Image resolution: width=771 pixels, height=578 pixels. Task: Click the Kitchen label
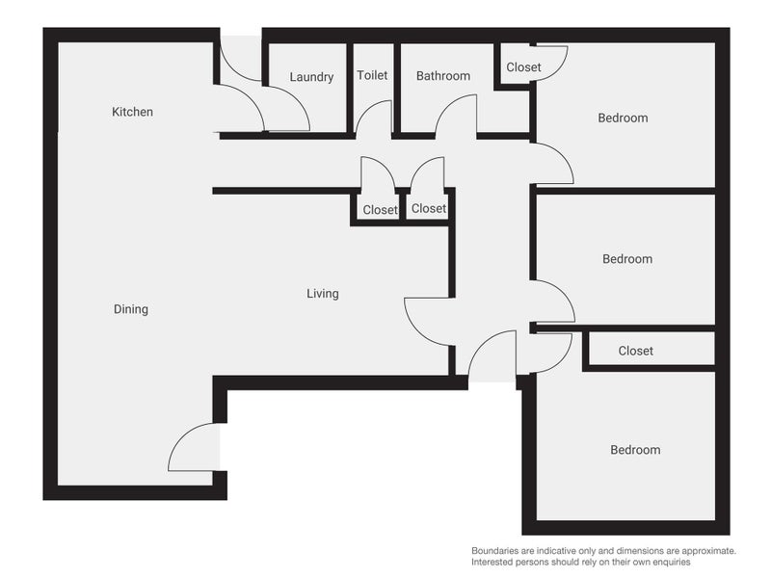pos(132,112)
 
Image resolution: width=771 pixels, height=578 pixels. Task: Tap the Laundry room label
pos(311,77)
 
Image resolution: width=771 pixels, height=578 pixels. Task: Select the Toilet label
pos(372,75)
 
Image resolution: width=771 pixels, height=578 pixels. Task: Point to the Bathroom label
pos(442,76)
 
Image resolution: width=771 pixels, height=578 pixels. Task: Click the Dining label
pos(131,309)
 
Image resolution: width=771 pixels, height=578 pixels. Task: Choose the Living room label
pos(323,294)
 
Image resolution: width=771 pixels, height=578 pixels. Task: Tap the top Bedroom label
pos(623,118)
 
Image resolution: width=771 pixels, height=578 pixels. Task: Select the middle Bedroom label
pos(627,259)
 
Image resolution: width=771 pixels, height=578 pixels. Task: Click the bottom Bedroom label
pos(635,450)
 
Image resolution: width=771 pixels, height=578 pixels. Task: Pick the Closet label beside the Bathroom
pos(523,67)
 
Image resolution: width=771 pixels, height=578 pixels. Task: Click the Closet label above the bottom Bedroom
pos(635,351)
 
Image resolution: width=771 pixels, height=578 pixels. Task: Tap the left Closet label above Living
pos(380,209)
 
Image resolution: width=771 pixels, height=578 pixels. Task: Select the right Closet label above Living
pos(429,208)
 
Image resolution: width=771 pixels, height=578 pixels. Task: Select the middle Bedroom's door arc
pos(555,300)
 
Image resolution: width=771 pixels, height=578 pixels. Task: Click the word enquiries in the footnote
pos(666,561)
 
